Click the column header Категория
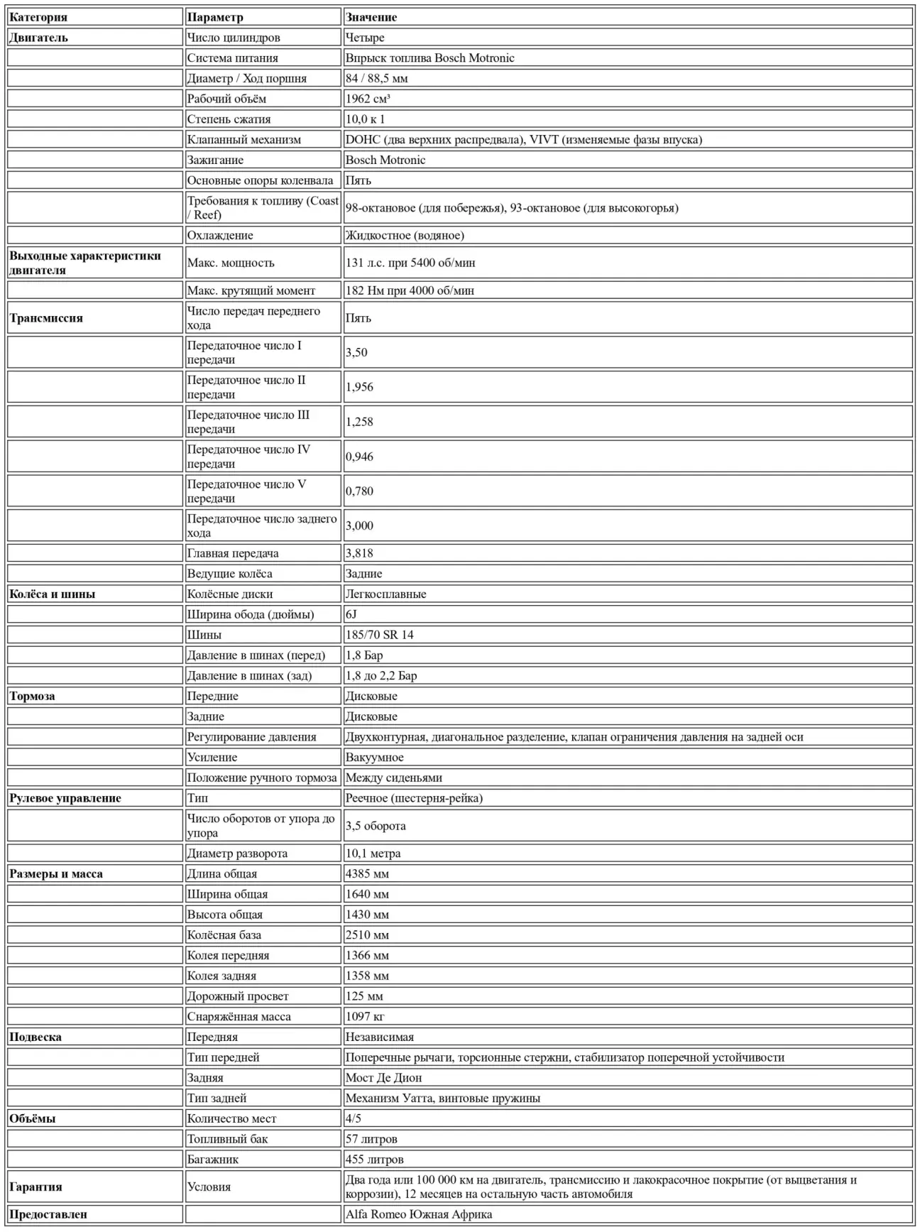pyautogui.click(x=38, y=17)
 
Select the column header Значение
pyautogui.click(x=371, y=17)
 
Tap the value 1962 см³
pyautogui.click(x=368, y=99)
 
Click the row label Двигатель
pyautogui.click(x=38, y=38)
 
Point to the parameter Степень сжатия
pyautogui.click(x=229, y=119)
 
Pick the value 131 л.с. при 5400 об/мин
pyautogui.click(x=410, y=263)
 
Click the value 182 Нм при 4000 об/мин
pyautogui.click(x=410, y=290)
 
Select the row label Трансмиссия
pyautogui.click(x=46, y=318)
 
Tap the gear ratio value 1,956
pyautogui.click(x=359, y=387)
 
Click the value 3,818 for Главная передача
pyautogui.click(x=359, y=553)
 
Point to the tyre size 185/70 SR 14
pyautogui.click(x=379, y=635)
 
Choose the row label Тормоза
pyautogui.click(x=32, y=696)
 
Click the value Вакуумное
pyautogui.click(x=374, y=758)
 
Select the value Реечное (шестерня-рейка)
pyautogui.click(x=414, y=798)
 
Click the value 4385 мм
pyautogui.click(x=367, y=874)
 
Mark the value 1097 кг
pyautogui.click(x=365, y=1017)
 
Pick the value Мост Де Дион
pyautogui.click(x=383, y=1078)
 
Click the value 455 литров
pyautogui.click(x=374, y=1160)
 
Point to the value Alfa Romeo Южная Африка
pyautogui.click(x=419, y=1214)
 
